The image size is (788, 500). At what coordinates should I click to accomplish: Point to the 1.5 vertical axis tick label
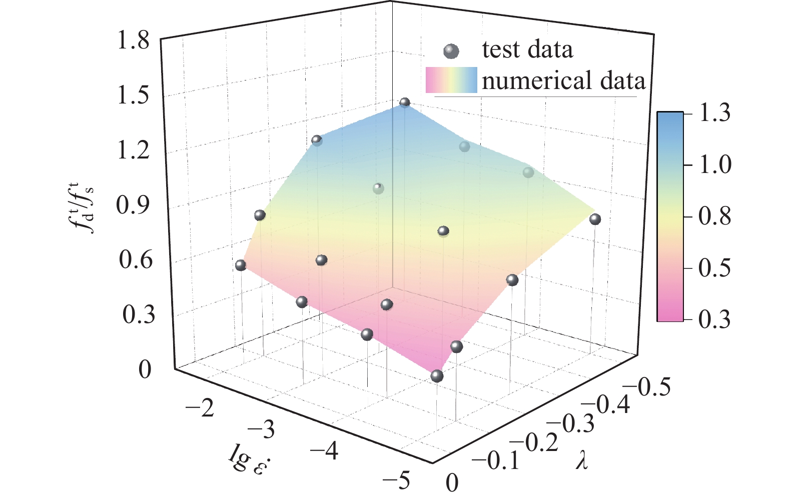(x=133, y=96)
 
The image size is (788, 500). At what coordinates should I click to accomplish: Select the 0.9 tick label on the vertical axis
(x=133, y=205)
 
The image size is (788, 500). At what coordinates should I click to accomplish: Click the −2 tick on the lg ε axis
(x=200, y=409)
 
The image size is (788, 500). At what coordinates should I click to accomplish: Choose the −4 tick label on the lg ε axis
(x=324, y=451)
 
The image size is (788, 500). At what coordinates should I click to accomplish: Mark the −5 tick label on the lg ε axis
(x=395, y=480)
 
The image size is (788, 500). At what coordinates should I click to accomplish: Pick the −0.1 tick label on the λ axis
(x=495, y=461)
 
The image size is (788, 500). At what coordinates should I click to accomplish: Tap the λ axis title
(x=581, y=461)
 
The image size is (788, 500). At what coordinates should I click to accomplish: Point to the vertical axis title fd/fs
(x=83, y=210)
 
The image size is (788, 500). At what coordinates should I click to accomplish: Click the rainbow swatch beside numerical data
(x=451, y=80)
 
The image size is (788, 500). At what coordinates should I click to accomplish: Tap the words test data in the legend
(x=527, y=49)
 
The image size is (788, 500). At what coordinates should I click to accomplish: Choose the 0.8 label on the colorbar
(x=714, y=217)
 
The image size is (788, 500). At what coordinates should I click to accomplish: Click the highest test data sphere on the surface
(x=405, y=102)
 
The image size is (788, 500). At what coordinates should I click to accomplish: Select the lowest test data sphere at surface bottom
(x=437, y=376)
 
